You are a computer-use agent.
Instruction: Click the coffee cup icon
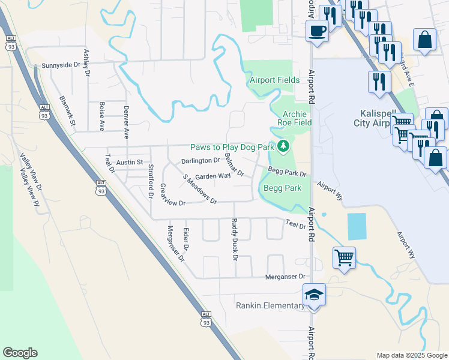(x=316, y=31)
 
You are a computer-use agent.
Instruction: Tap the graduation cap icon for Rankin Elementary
(x=314, y=295)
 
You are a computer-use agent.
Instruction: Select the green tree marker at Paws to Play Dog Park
(x=282, y=146)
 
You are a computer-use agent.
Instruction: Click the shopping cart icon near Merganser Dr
(x=344, y=257)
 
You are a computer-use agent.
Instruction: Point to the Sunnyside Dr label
(x=61, y=65)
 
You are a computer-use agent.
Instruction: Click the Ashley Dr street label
(x=87, y=63)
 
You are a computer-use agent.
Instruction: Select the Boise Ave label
(x=102, y=116)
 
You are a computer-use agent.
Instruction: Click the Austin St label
(x=129, y=163)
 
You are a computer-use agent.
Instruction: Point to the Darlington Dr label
(x=200, y=161)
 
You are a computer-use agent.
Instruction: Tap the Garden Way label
(x=212, y=176)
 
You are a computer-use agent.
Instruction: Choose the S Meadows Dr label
(x=199, y=190)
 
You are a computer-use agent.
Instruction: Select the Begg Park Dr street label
(x=287, y=173)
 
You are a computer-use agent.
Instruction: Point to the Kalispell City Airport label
(x=384, y=118)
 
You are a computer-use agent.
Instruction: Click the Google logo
(x=20, y=353)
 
